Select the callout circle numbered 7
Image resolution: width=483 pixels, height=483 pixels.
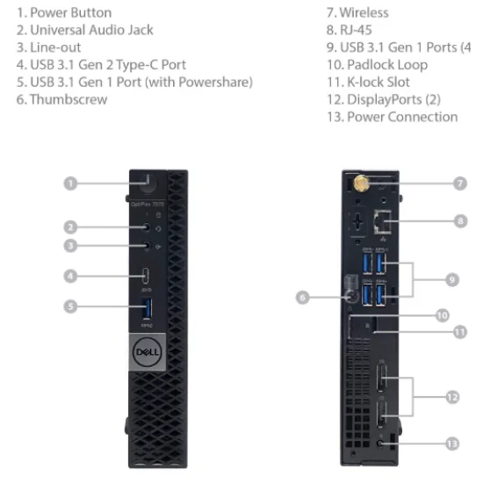pos(460,183)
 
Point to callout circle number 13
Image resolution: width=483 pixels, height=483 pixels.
pos(451,443)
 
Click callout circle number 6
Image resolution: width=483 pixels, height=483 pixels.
pos(302,297)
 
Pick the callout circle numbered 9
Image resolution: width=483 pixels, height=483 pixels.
pos(451,279)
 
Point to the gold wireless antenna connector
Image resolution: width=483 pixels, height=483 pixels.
pos(361,184)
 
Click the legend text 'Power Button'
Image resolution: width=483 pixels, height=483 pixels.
pos(70,13)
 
